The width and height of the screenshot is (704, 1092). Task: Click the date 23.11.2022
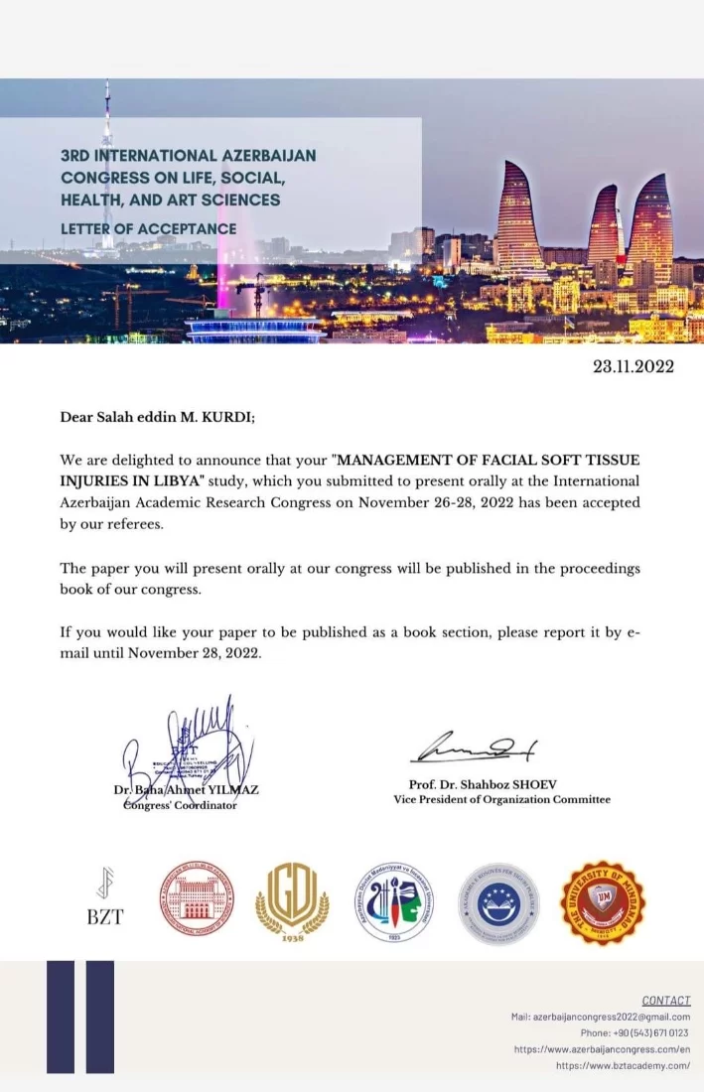pos(633,366)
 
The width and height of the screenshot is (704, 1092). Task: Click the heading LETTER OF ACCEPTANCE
pos(149,228)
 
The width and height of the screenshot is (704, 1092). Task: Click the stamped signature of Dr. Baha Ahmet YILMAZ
pos(184,750)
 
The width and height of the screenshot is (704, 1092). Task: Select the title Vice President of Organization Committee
pos(501,800)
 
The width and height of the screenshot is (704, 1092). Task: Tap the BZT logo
pos(104,898)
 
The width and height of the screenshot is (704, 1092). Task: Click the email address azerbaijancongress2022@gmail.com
pos(611,1017)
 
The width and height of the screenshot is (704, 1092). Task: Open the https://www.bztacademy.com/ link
pos(623,1065)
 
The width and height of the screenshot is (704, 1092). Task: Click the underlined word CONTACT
pos(665,1000)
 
